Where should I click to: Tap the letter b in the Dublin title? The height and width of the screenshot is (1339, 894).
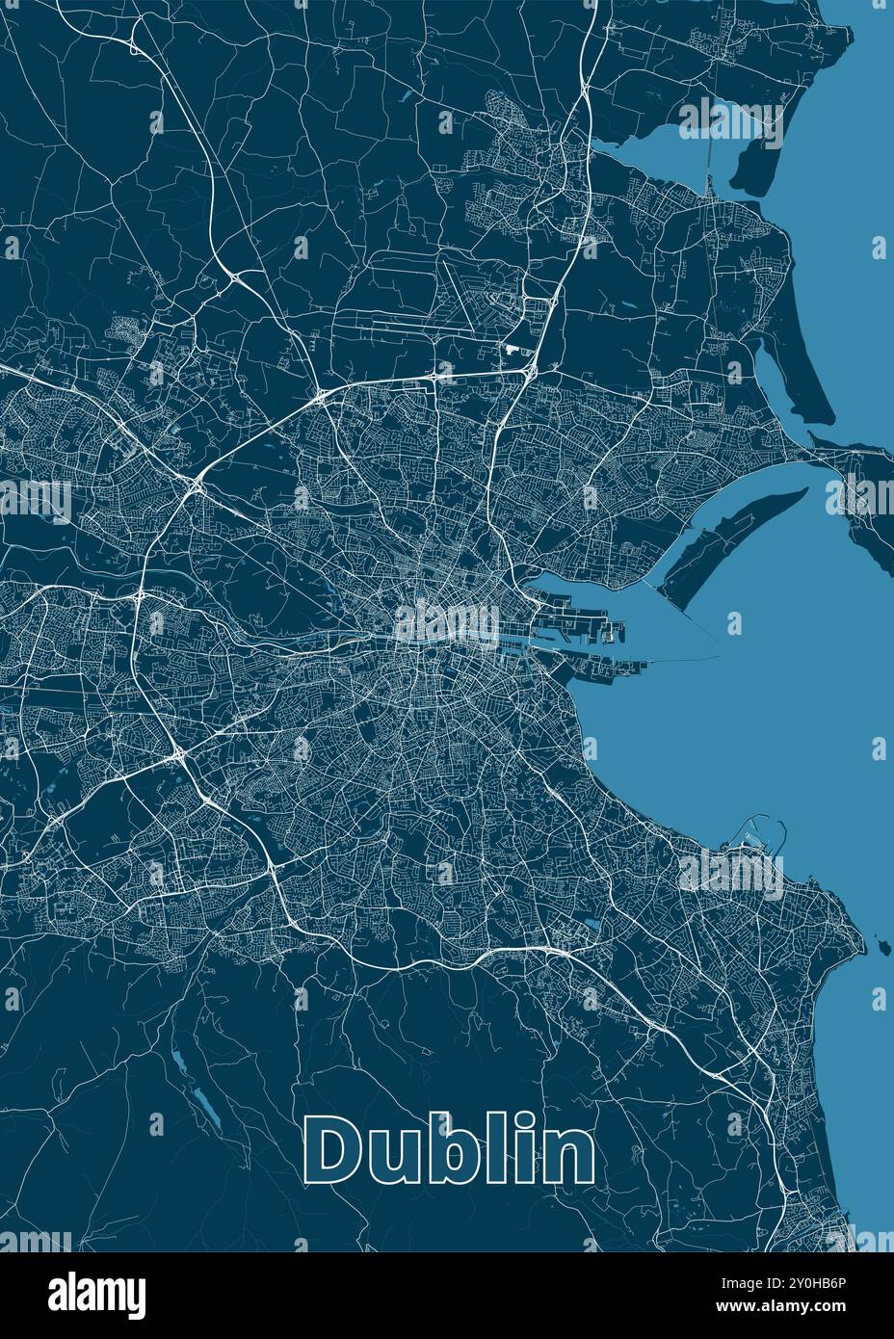click(439, 1150)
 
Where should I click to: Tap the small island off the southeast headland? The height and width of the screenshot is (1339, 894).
click(879, 941)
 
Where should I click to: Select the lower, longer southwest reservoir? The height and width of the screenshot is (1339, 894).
click(206, 1108)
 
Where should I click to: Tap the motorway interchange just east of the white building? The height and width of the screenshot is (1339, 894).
click(532, 368)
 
